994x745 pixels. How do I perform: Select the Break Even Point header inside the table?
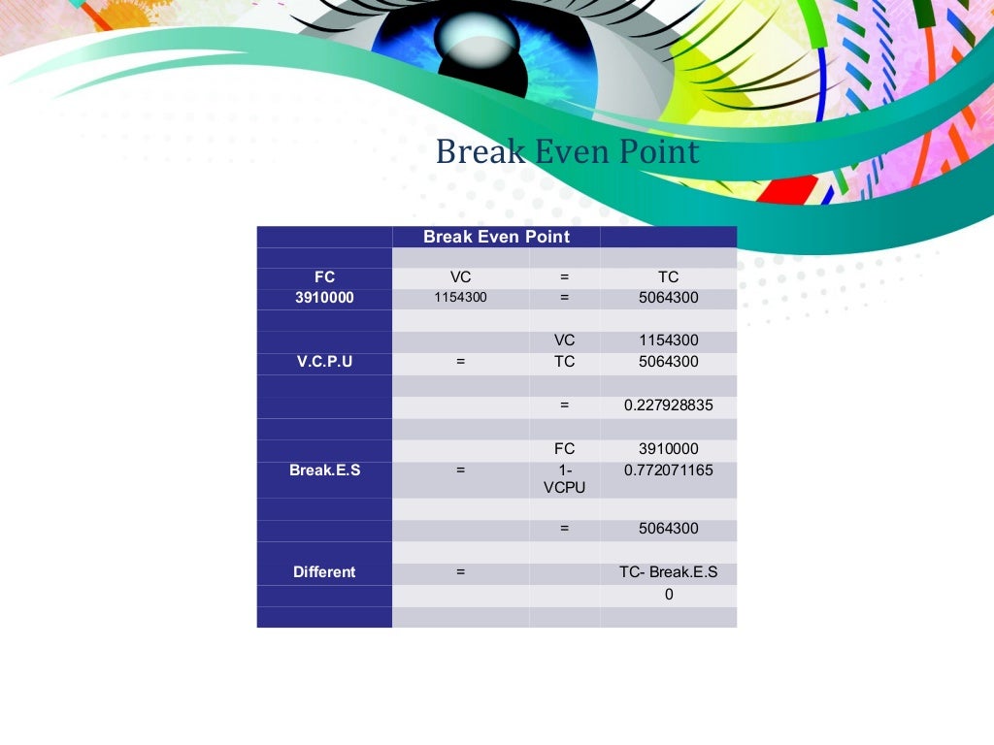click(496, 237)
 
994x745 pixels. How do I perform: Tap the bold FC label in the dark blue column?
click(324, 277)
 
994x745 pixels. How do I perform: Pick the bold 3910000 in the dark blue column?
click(324, 298)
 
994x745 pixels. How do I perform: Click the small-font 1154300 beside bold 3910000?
click(460, 298)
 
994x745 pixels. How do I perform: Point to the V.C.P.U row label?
click(324, 362)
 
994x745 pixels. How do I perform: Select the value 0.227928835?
click(668, 405)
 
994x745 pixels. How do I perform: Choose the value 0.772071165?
click(668, 470)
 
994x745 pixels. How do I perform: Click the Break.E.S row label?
click(324, 470)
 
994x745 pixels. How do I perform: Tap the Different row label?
click(324, 572)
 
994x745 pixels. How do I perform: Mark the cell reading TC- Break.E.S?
click(668, 572)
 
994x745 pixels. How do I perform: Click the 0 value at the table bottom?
click(668, 595)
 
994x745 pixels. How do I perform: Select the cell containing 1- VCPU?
click(564, 479)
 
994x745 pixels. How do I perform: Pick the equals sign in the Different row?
click(460, 572)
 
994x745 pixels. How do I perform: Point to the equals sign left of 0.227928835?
click(564, 405)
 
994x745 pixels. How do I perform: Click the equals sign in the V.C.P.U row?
click(460, 362)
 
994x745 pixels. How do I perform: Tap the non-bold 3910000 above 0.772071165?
click(668, 449)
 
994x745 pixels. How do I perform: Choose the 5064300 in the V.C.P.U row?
click(668, 362)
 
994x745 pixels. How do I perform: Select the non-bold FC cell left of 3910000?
click(564, 449)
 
